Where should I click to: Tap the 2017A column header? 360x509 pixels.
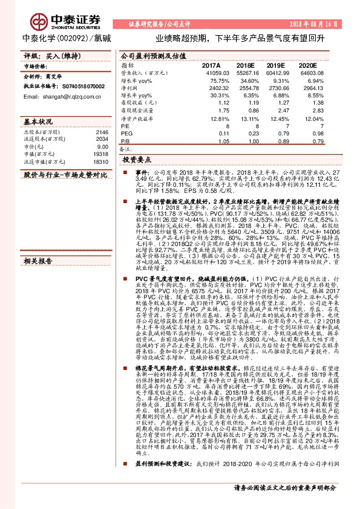tap(212, 64)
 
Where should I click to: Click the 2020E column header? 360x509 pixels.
tap(306, 64)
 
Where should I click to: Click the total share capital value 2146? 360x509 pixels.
tap(101, 132)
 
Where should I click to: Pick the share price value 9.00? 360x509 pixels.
tap(102, 147)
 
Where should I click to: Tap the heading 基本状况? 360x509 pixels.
tap(38, 121)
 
